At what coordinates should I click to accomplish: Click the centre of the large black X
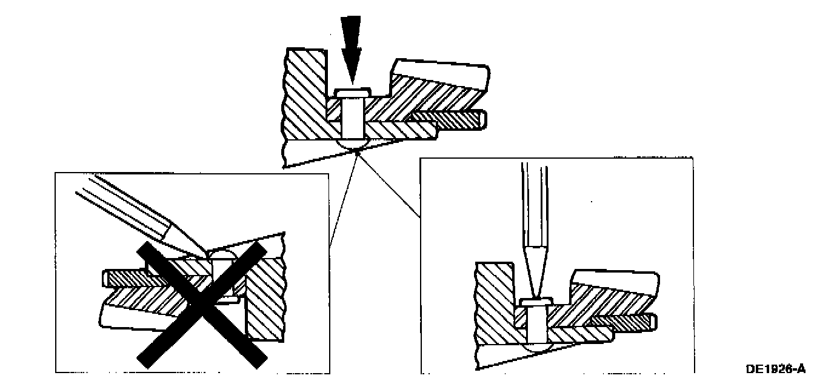(x=201, y=303)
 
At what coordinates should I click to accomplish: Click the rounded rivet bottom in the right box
(x=536, y=348)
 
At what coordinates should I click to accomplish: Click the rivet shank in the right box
(x=536, y=324)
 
